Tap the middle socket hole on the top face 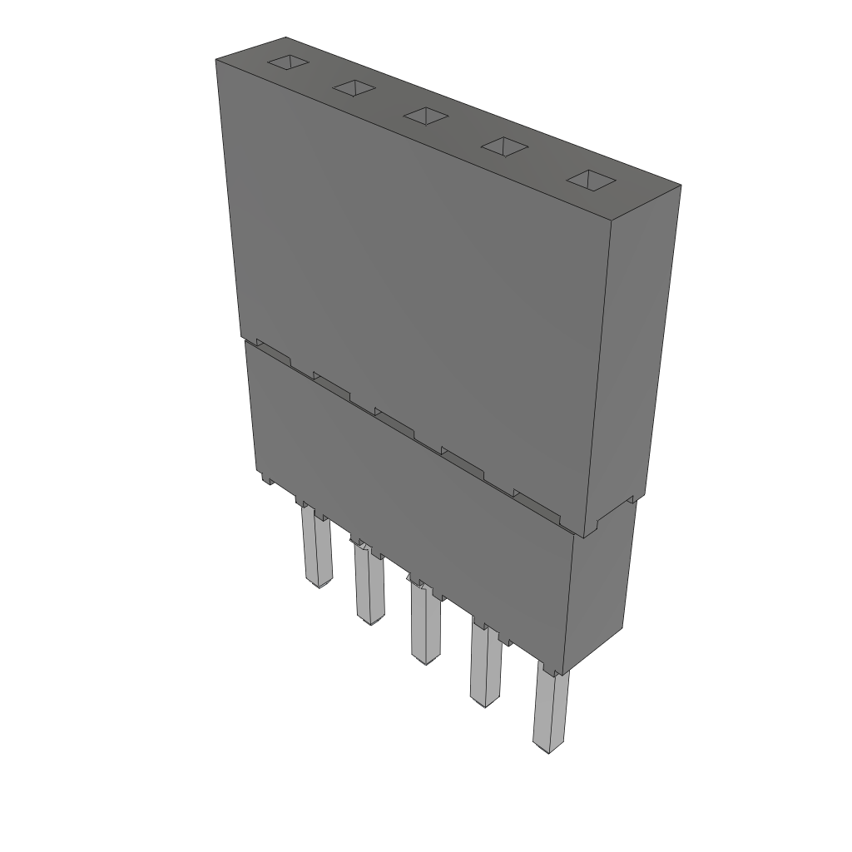coord(426,116)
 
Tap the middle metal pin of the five coord(425,624)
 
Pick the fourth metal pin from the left coord(485,666)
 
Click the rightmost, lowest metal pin coord(549,712)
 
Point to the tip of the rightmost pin coord(547,751)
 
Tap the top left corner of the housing coord(216,62)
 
